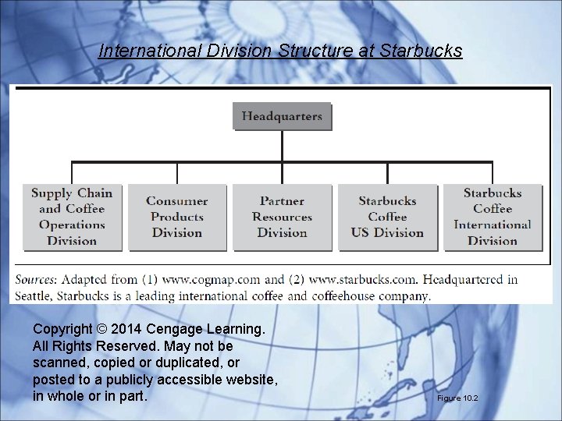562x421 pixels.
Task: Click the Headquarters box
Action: coord(282,117)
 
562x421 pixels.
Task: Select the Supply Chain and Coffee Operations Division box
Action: coord(73,217)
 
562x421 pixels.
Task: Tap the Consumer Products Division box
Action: coord(177,217)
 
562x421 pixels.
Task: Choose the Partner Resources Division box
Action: coord(282,217)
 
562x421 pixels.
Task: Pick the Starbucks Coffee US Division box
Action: coord(387,217)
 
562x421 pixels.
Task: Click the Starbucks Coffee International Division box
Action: coord(492,217)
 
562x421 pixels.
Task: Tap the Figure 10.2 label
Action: coord(457,398)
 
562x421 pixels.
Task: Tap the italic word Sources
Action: coord(36,279)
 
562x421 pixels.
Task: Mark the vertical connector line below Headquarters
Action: coord(283,146)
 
